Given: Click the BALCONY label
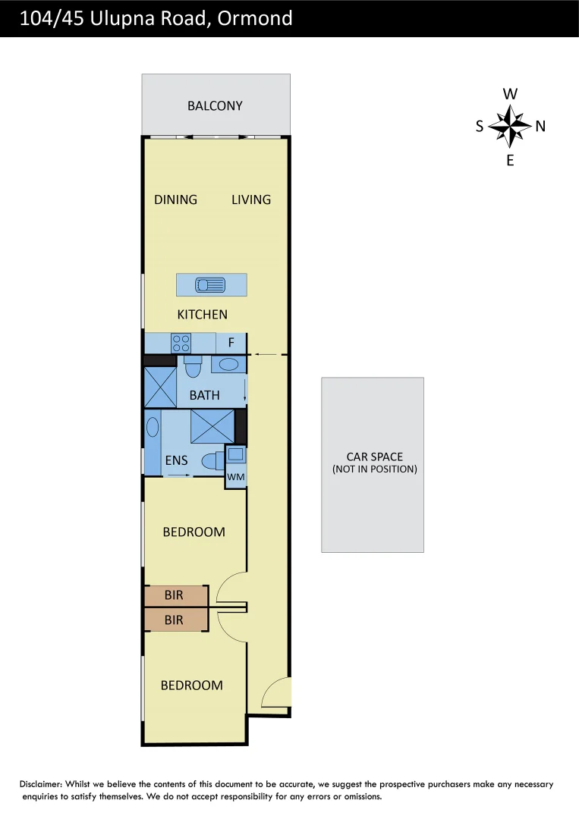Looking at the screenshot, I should pos(215,106).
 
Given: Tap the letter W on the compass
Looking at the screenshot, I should pos(511,94).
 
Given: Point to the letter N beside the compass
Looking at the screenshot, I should pos(540,127).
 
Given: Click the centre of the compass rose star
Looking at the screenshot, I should pos(511,126).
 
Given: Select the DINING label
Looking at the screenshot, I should pos(175,199).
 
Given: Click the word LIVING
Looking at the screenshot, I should pos(251,199).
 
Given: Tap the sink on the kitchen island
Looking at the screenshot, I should pos(211,285).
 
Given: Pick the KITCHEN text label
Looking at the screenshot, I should pos(202,315).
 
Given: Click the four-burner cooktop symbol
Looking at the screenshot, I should pos(181,343).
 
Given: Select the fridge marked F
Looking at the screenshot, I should pos(231,343).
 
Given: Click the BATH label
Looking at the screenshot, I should pos(205,395).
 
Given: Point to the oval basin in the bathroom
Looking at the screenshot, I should pos(228,366).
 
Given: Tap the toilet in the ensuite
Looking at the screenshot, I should pos(212,461).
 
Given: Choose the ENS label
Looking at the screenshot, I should pos(176,461).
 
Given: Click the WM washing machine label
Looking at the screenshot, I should pos(236,477).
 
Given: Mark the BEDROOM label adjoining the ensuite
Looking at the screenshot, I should pos(194,532).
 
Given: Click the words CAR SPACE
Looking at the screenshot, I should pos(374,457).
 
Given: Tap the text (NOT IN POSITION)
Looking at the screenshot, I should pos(374,469).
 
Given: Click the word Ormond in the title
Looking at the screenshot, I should pos(254,19).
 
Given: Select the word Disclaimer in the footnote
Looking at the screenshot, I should pos(41,784).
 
